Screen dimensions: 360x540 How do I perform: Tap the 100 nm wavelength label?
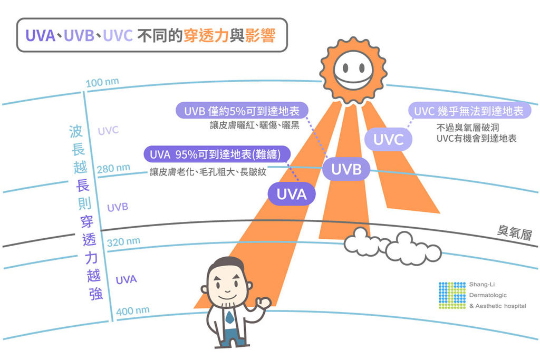coord(102,83)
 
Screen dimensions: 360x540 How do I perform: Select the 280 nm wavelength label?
coord(113,169)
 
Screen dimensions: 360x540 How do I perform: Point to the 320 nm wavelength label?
coord(123,242)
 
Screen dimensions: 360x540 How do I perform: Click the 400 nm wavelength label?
coord(132,310)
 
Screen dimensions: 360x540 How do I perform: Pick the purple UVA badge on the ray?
coord(292,194)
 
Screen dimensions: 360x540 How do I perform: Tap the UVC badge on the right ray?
coord(388,140)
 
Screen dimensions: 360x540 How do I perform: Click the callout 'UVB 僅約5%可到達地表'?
coord(242,111)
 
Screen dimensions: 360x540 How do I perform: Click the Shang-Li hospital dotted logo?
coord(452,295)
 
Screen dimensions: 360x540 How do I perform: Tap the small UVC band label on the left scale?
coord(108,130)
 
